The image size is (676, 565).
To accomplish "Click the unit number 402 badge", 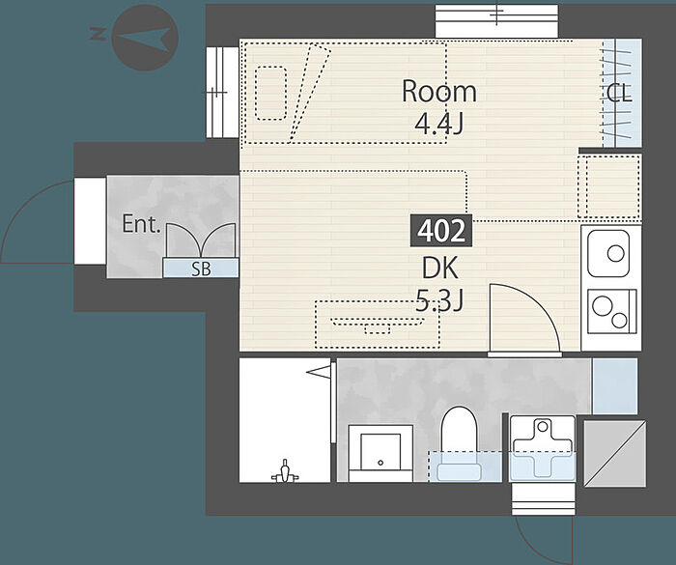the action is (x=441, y=231).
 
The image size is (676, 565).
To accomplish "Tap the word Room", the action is (x=438, y=92).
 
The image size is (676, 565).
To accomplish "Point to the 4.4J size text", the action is (x=438, y=124).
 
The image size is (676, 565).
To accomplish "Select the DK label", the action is (x=439, y=268).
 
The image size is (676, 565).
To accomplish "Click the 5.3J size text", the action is (x=439, y=300).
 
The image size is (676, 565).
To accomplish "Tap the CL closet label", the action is (x=619, y=93).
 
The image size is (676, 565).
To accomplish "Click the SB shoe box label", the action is (x=201, y=269).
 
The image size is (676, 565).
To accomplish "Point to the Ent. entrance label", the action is (x=141, y=224).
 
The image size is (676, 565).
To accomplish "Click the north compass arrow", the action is (x=143, y=38).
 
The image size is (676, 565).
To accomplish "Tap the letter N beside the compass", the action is (x=98, y=34).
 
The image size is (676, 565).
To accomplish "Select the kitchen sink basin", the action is (x=608, y=254).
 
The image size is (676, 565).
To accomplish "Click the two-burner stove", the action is (x=611, y=311).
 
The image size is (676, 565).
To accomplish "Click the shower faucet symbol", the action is (x=285, y=471).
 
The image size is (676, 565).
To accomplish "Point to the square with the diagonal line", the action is (x=615, y=454).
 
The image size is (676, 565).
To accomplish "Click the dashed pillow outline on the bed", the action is (x=270, y=93).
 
